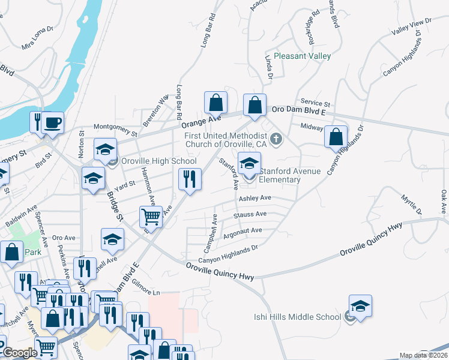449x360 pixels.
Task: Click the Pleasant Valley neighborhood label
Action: point(302,56)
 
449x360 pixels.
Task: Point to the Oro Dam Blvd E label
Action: point(298,110)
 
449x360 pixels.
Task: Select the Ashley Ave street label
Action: point(255,198)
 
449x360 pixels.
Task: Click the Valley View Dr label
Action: point(411,26)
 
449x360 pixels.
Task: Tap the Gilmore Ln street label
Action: point(146,292)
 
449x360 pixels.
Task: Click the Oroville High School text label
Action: point(158,161)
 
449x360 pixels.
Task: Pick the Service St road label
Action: point(316,104)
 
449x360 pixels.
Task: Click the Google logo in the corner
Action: point(20,353)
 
